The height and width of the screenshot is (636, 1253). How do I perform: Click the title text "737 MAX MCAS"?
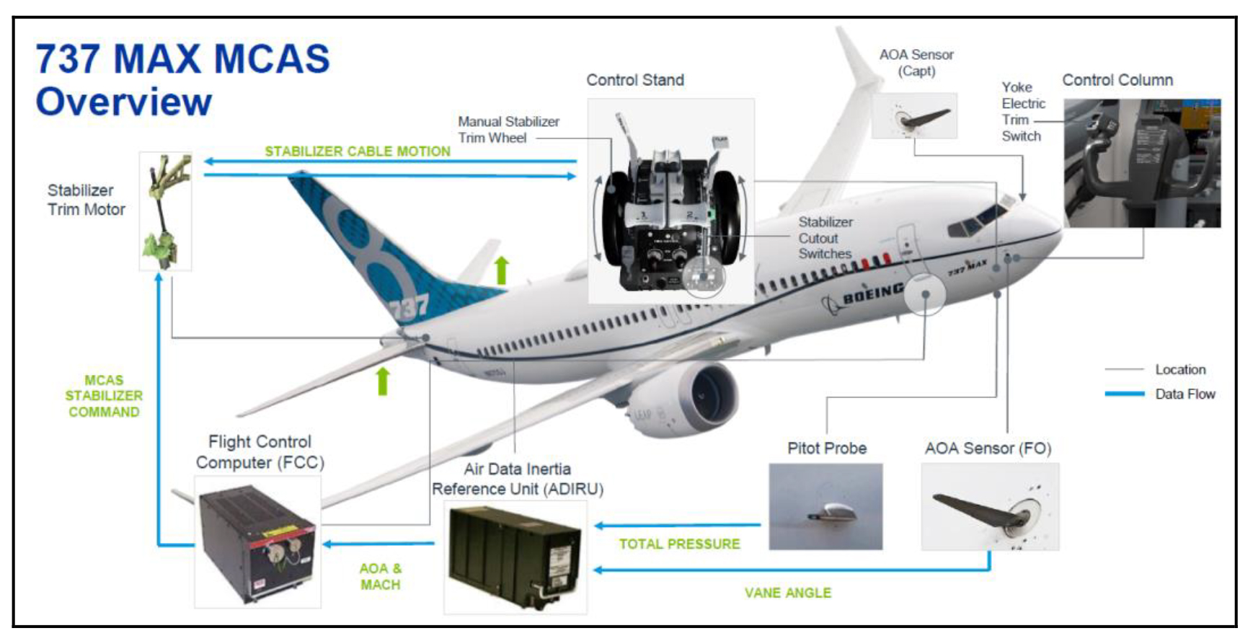coord(182,58)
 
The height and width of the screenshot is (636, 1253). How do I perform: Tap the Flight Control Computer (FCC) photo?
coord(258,542)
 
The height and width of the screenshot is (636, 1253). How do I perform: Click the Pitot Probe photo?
coord(825,506)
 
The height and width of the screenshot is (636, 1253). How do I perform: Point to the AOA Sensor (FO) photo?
coord(990,506)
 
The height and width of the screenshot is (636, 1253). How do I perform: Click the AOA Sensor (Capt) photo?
coord(914,115)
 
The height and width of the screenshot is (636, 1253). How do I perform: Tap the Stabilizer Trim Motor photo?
coord(166,211)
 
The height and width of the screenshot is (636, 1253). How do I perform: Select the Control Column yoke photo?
coord(1142,163)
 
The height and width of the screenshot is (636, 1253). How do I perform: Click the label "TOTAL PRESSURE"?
coord(679,544)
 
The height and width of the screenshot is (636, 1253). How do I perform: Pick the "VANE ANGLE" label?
coord(788,593)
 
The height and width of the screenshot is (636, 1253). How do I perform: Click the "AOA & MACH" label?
coord(381,576)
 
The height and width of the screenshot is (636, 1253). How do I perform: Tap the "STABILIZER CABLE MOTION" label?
coord(358,151)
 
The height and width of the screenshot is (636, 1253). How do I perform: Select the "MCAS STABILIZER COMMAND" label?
coord(104,396)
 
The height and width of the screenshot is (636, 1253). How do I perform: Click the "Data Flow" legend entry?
coord(1161,394)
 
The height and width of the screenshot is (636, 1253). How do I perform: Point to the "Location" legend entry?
coord(1156,369)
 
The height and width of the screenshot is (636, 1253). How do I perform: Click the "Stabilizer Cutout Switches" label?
coord(825,238)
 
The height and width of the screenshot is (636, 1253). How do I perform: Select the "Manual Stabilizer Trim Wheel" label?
coord(508,130)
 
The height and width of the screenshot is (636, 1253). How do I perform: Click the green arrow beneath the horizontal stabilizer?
coord(383,381)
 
